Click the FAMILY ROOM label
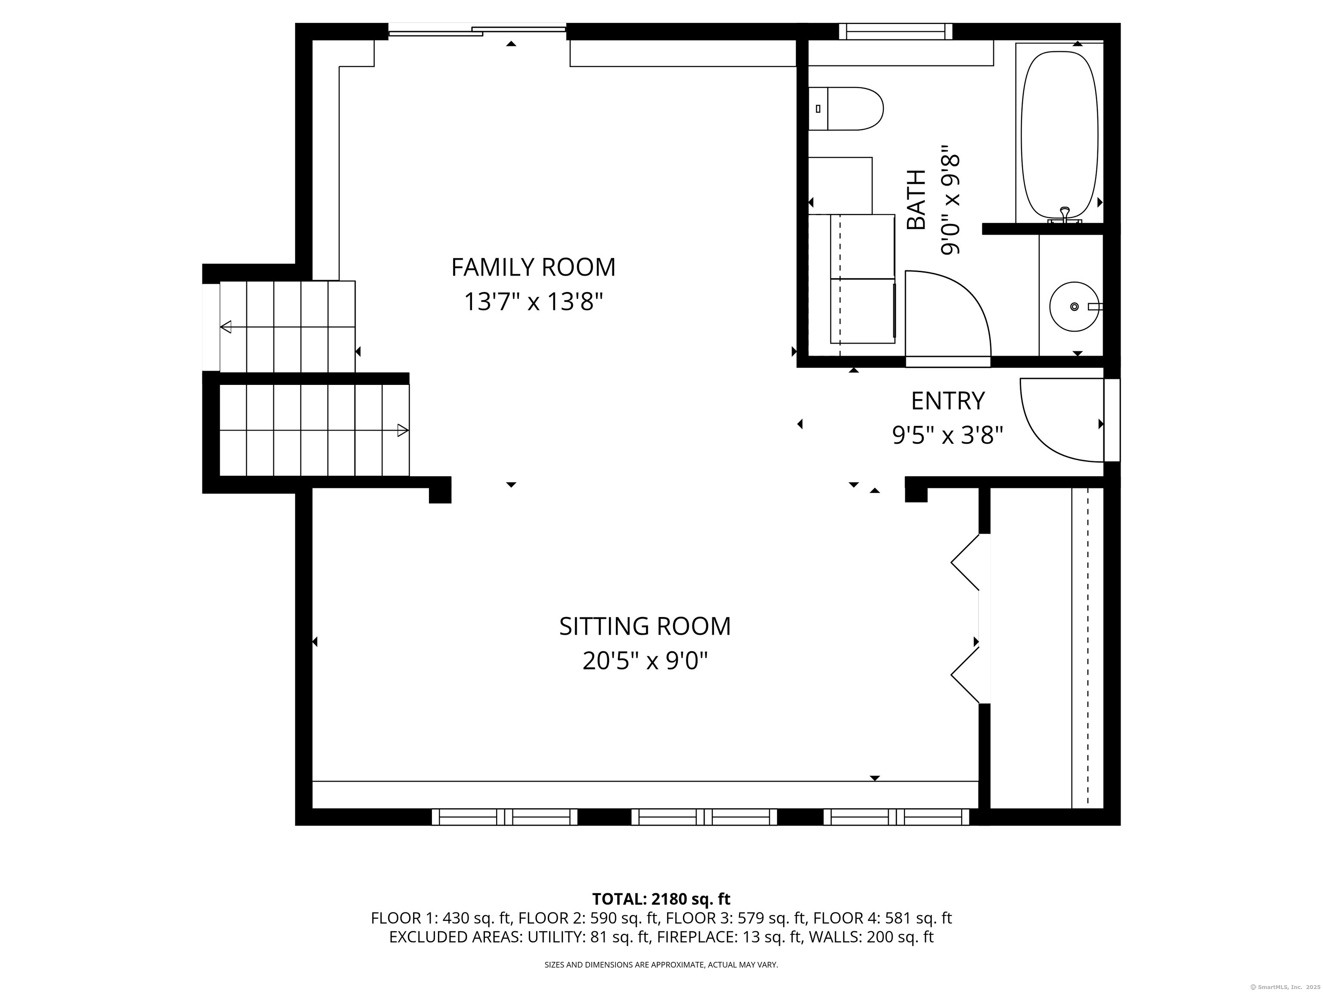coord(533,267)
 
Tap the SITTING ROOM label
coord(645,626)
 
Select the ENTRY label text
coord(947,400)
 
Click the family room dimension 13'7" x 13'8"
coord(533,302)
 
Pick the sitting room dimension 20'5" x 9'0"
coord(645,661)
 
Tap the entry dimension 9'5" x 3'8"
coord(947,435)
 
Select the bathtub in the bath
coord(1059,135)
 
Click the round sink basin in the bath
coord(1074,307)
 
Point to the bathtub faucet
coord(1065,216)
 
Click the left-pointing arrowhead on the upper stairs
coord(226,327)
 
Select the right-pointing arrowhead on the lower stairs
coord(403,430)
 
